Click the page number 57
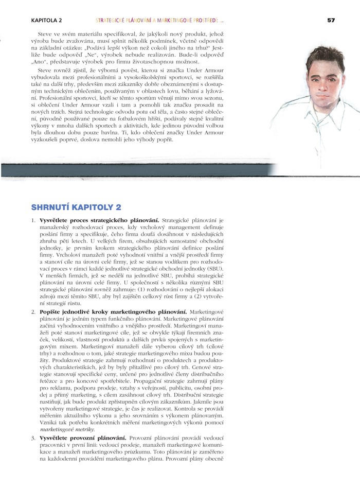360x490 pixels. coord(331,20)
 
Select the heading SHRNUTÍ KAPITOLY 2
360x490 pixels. coord(76,207)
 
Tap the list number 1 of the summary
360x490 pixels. coord(33,220)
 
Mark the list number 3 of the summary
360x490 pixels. coord(33,437)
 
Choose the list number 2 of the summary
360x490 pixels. coord(33,312)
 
